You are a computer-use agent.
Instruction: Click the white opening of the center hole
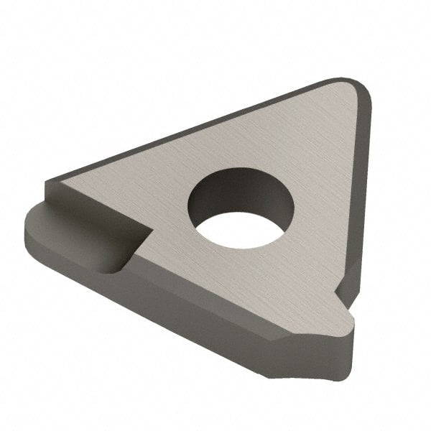pyautogui.click(x=242, y=229)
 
